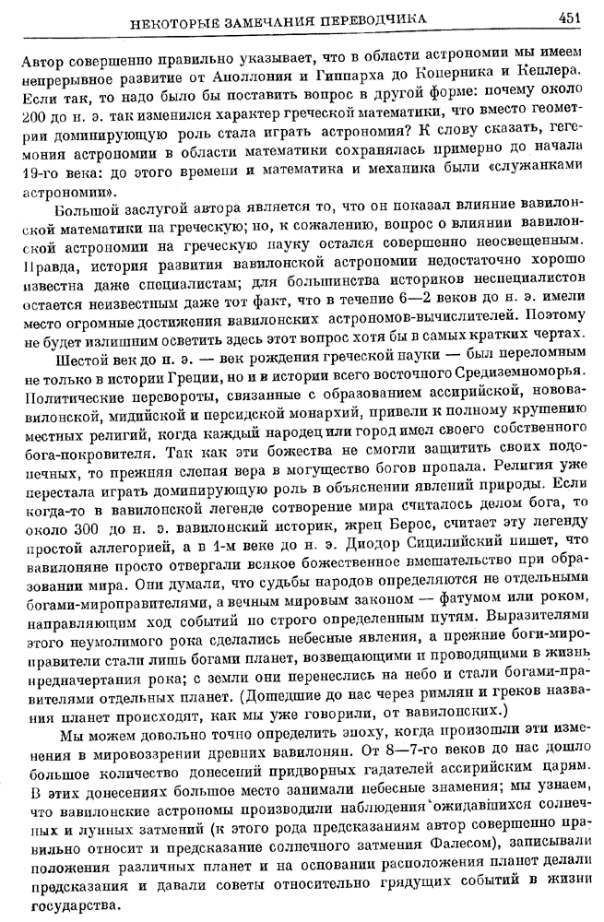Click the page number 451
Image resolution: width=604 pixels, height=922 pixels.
tap(569, 18)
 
